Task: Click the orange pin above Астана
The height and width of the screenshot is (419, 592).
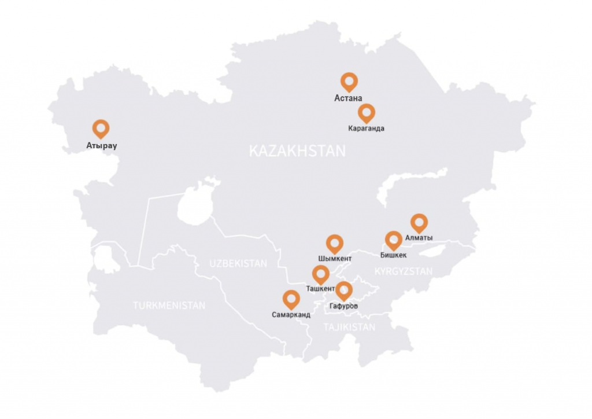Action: (349, 82)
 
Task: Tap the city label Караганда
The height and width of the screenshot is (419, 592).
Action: (367, 128)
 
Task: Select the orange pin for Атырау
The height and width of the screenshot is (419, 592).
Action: (101, 128)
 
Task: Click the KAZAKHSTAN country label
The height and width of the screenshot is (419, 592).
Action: (297, 152)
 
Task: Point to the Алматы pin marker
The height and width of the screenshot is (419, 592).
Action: (419, 222)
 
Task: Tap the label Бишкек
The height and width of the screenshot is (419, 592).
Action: (394, 255)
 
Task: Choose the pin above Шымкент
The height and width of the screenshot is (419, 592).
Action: (335, 243)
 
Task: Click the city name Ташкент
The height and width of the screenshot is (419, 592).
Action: (320, 288)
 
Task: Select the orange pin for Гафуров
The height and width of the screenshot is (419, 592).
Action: (344, 290)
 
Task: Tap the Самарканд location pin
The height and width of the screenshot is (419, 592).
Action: (291, 299)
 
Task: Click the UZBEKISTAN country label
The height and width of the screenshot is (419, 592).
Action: (238, 263)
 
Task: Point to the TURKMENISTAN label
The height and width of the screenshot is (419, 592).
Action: (169, 306)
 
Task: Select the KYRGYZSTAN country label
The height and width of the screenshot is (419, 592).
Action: (403, 271)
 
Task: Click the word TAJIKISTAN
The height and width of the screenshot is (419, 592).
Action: (349, 328)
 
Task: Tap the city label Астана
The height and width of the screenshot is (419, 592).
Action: (349, 98)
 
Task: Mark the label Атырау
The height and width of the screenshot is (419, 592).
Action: (102, 145)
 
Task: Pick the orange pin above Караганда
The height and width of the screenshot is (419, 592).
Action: (367, 112)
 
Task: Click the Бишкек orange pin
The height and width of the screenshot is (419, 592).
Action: (394, 240)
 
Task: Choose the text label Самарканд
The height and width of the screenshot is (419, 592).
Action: (291, 315)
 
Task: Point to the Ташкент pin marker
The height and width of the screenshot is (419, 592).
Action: (321, 274)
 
